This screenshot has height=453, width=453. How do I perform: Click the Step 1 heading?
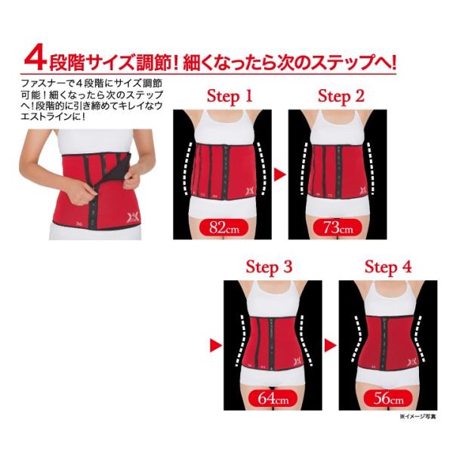pyautogui.click(x=230, y=97)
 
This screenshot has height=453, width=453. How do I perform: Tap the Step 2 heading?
pyautogui.click(x=341, y=97)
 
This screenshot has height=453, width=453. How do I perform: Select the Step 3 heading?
pyautogui.click(x=269, y=267)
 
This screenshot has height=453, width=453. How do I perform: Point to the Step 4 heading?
pyautogui.click(x=388, y=267)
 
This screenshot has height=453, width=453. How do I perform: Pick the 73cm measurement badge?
pyautogui.click(x=337, y=227)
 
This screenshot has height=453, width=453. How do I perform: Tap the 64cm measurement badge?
pyautogui.click(x=273, y=399)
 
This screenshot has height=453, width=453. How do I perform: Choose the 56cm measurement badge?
pyautogui.click(x=388, y=399)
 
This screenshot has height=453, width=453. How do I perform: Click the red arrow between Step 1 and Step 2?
pyautogui.click(x=279, y=174)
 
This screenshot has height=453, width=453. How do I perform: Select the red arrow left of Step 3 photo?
pyautogui.click(x=216, y=345)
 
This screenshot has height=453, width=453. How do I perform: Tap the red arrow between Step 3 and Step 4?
pyautogui.click(x=331, y=345)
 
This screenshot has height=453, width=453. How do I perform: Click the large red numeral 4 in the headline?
pyautogui.click(x=35, y=59)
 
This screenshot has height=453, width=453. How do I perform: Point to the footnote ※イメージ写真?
pyautogui.click(x=418, y=416)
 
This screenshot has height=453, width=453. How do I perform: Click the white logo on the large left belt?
pyautogui.click(x=132, y=217)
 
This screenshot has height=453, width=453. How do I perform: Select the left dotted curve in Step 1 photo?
pyautogui.click(x=188, y=168)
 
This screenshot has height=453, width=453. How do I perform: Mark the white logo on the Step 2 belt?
pyautogui.click(x=363, y=191)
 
